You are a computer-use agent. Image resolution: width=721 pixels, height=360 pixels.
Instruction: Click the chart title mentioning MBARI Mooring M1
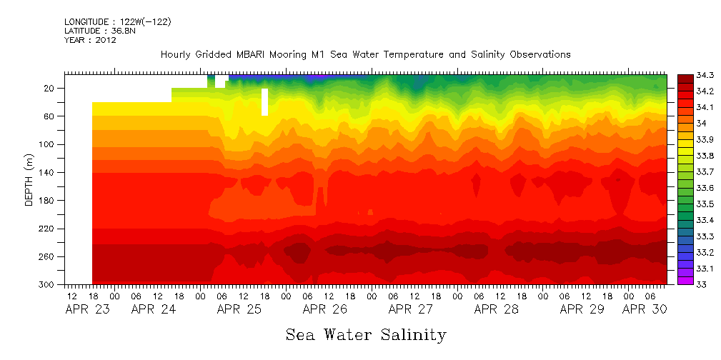tap(365, 54)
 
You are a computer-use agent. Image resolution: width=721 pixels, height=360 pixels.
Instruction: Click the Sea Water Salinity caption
tap(366, 334)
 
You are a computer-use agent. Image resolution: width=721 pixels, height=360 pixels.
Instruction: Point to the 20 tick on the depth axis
tap(50, 88)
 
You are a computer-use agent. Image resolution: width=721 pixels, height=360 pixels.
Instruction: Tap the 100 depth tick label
tap(48, 144)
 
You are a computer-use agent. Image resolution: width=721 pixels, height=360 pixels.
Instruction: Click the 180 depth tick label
tap(48, 201)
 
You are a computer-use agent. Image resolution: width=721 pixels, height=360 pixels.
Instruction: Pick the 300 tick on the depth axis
tap(48, 285)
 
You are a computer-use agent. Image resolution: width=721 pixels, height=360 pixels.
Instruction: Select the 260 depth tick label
tap(48, 256)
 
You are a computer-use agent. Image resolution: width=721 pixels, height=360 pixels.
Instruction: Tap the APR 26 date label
tap(324, 309)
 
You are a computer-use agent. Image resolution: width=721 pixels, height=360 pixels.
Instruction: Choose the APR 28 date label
tap(496, 309)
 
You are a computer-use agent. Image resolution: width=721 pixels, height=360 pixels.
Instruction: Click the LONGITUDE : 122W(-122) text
tap(117, 21)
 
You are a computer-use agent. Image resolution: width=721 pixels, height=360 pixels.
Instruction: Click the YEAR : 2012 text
tap(90, 40)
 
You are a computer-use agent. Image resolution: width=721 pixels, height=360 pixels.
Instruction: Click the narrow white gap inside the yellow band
tap(265, 101)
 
